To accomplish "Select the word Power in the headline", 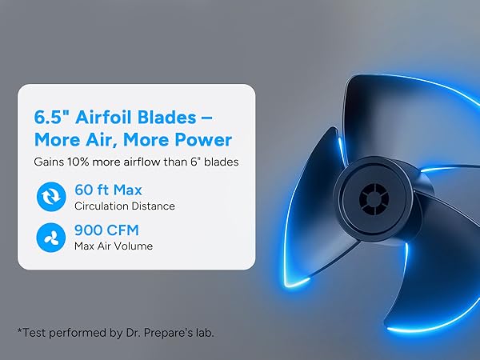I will pos(203,140).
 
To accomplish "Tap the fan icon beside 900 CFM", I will pos(50,237).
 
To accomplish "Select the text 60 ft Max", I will pos(107,191).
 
